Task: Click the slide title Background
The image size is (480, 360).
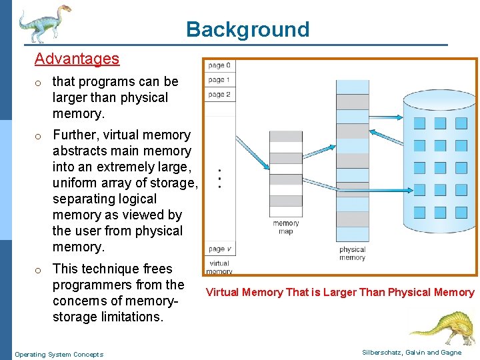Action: click(247, 29)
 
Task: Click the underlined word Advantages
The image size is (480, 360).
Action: click(77, 59)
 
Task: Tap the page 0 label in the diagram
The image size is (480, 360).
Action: click(219, 65)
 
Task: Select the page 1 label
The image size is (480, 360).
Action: click(219, 80)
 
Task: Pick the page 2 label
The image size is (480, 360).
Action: click(219, 95)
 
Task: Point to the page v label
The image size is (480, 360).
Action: click(219, 249)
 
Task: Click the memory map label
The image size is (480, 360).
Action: click(286, 227)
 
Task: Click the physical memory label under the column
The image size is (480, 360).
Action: click(352, 253)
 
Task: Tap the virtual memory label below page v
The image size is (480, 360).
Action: click(219, 267)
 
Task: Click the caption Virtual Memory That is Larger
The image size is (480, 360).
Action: click(340, 292)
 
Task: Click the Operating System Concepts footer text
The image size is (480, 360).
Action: click(59, 354)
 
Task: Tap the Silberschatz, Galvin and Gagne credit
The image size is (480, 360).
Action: click(411, 353)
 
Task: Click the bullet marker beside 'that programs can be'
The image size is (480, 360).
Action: click(40, 82)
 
